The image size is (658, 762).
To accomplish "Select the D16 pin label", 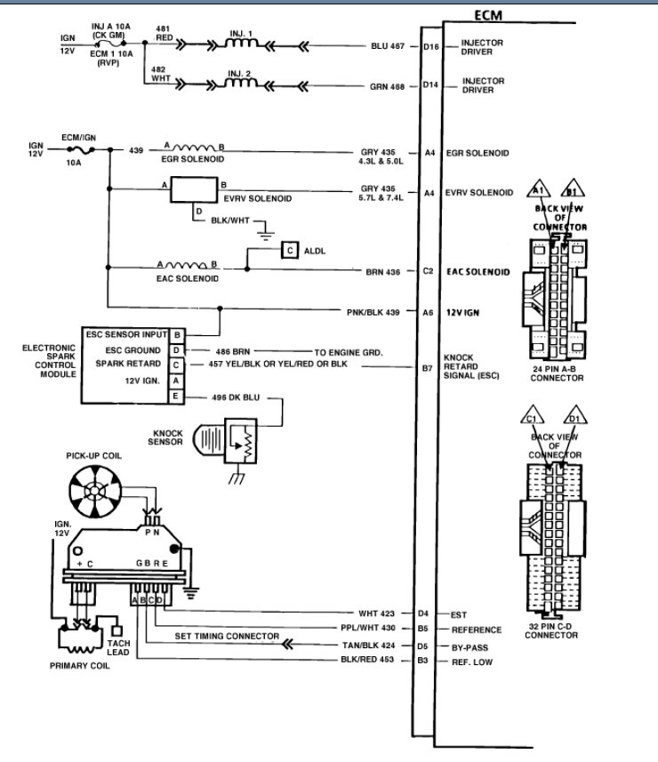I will pos(431,44).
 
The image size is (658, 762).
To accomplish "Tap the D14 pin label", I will pos(431,85).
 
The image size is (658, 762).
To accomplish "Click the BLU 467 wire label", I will pos(388,44).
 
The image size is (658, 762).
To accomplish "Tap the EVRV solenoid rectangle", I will pos(195,188).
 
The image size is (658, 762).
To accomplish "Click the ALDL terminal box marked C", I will pos(290,250).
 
